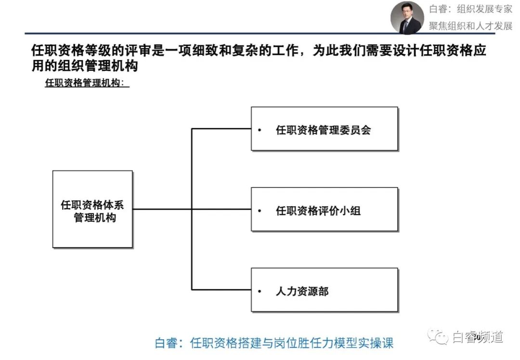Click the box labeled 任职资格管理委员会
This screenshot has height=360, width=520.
[x=325, y=129]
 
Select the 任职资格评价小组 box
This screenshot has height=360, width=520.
[x=325, y=209]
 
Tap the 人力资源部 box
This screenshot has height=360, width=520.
[x=325, y=290]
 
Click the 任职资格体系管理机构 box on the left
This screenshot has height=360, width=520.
[x=92, y=209]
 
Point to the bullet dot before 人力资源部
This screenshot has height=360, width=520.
[x=260, y=292]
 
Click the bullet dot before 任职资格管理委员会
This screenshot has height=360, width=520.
[x=260, y=130]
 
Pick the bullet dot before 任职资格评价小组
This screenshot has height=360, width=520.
[x=260, y=211]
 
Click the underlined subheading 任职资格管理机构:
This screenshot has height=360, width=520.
[x=87, y=82]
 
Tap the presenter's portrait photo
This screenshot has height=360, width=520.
[x=407, y=17]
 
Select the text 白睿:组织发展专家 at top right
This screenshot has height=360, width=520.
[x=470, y=9]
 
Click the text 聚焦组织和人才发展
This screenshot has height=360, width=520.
[x=470, y=26]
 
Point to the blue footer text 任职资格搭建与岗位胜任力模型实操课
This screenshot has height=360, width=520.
[x=291, y=343]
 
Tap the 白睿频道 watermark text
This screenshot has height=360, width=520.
[x=478, y=337]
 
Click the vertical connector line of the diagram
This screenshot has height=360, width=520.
[x=192, y=209]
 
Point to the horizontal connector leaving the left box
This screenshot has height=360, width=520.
[x=162, y=209]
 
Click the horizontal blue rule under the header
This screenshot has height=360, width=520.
[x=260, y=33]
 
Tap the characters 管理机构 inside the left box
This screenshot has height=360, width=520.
[x=95, y=218]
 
